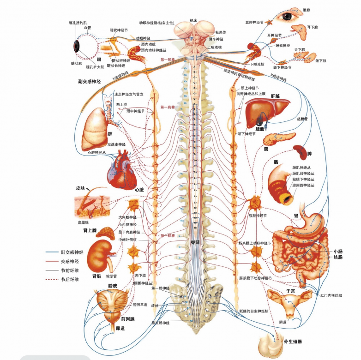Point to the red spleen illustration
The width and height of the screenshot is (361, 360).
(x=300, y=152)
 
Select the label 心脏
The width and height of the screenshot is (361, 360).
(x=139, y=189)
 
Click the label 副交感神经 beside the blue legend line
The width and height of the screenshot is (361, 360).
(x=72, y=252)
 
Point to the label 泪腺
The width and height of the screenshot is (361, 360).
(x=307, y=9)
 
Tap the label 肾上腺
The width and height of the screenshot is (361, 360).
(x=90, y=230)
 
